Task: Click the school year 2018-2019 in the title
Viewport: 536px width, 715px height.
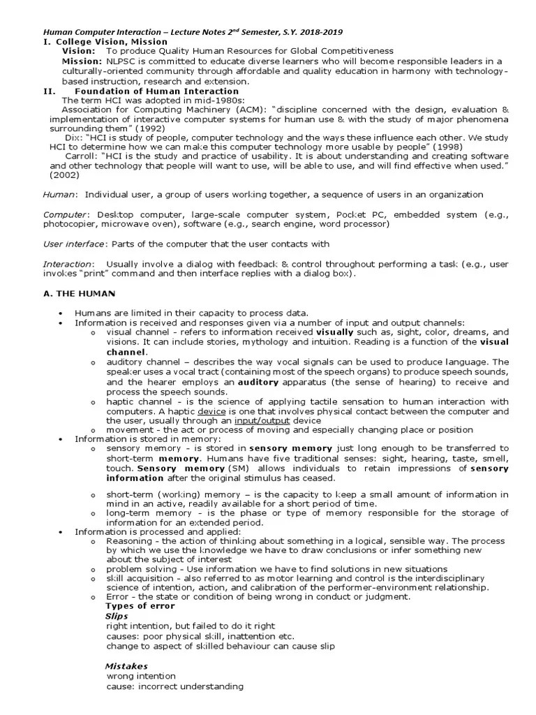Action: [318, 32]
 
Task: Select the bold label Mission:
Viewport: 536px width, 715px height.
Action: [83, 61]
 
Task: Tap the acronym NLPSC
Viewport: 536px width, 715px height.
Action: [122, 61]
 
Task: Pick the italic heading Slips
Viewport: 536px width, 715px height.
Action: [117, 616]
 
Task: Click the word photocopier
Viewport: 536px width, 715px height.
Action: [70, 224]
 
